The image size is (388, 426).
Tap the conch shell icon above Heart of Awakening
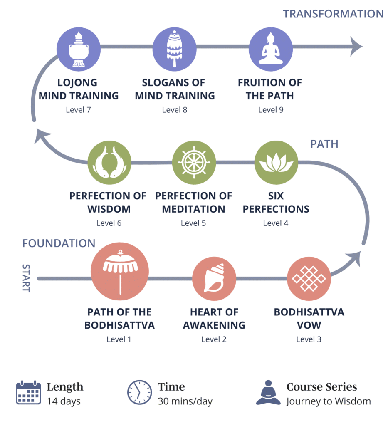[x=214, y=278]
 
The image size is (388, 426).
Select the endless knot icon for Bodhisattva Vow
[x=309, y=278]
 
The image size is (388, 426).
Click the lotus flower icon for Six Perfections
[x=276, y=162]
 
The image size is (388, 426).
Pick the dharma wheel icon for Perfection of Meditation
[x=194, y=162]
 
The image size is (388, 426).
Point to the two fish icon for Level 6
[x=109, y=163]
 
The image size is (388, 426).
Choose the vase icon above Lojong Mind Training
[x=79, y=49]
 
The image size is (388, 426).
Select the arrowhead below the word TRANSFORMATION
[x=355, y=46]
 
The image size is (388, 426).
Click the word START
[x=26, y=278]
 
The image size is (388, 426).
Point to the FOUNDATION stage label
[x=59, y=243]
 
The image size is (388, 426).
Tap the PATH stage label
[x=324, y=144]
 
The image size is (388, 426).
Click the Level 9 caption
[x=270, y=110]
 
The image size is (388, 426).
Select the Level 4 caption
[x=276, y=223]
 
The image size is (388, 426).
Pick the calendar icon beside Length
[x=28, y=393]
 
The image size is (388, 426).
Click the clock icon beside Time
[x=139, y=392]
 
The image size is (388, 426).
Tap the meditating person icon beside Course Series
[x=268, y=392]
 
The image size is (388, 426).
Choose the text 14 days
[x=64, y=401]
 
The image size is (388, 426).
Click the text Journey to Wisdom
[x=329, y=401]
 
